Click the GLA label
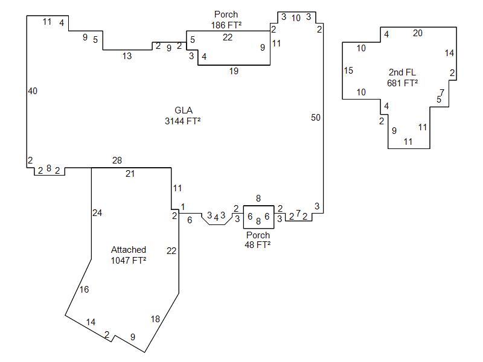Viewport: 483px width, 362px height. point(183,110)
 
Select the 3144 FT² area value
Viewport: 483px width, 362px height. point(183,121)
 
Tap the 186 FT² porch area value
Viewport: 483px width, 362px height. point(226,25)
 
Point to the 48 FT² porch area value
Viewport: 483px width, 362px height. point(258,244)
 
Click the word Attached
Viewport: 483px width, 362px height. point(129,250)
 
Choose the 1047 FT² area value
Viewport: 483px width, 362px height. point(129,260)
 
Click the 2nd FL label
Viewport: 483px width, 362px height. point(402,73)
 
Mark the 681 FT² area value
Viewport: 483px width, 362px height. point(403,83)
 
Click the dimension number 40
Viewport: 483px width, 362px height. point(33,91)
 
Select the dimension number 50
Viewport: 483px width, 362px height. point(316,118)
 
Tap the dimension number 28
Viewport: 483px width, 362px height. point(117,160)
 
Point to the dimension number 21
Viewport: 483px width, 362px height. point(130,174)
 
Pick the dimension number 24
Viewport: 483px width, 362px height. point(97,212)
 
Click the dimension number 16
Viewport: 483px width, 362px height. point(84,290)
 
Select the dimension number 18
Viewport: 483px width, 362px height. point(155,319)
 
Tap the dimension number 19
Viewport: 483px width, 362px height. point(234,71)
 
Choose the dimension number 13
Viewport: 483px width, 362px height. point(127,56)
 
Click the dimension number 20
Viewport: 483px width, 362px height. point(418,33)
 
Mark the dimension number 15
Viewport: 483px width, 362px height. point(348,71)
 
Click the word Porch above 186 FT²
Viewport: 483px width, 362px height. point(226,14)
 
